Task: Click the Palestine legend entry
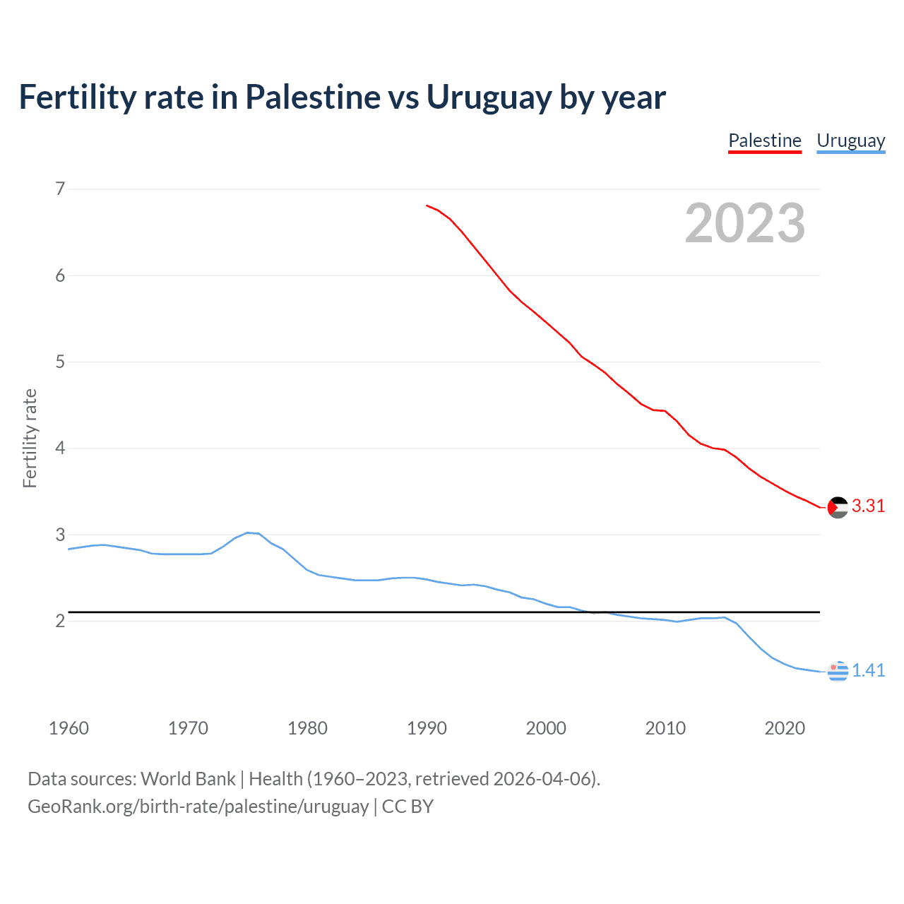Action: coord(765,141)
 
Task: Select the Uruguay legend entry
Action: coord(850,141)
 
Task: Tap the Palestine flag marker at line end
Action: coord(838,507)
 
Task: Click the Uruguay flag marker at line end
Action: coord(838,671)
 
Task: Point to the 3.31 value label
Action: coord(868,506)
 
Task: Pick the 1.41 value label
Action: coord(868,670)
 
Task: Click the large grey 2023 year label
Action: coord(744,223)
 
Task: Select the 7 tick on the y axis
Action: coord(60,189)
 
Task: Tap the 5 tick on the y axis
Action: coord(60,362)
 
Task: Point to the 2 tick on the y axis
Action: coord(60,621)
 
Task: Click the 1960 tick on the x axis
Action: coord(69,728)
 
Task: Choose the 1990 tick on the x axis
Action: coord(427,728)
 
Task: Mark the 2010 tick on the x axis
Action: coord(665,728)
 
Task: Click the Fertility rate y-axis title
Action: coord(30,438)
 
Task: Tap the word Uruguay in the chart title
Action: coord(489,97)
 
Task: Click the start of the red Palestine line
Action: coord(427,206)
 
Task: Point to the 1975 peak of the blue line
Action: coord(247,533)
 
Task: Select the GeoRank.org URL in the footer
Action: coord(198,807)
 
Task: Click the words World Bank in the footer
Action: coord(188,779)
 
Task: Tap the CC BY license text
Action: coord(408,807)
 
